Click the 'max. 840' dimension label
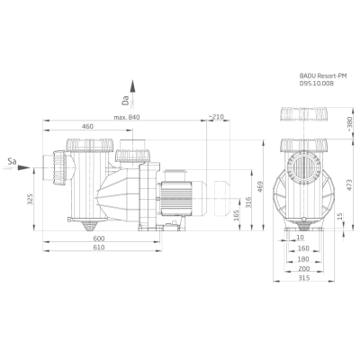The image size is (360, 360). pos(127,117)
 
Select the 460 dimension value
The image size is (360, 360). pos(87,126)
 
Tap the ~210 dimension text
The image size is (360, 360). pos(216,117)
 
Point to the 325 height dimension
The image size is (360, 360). pos(30,199)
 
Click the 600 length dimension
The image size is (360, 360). pos(99,238)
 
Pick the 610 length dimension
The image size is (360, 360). pos(99,247)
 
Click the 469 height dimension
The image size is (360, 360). pos(260,186)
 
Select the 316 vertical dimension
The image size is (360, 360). pos(247,202)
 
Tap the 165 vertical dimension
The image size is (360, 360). pos(236,216)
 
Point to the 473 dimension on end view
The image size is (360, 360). pos(349,186)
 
